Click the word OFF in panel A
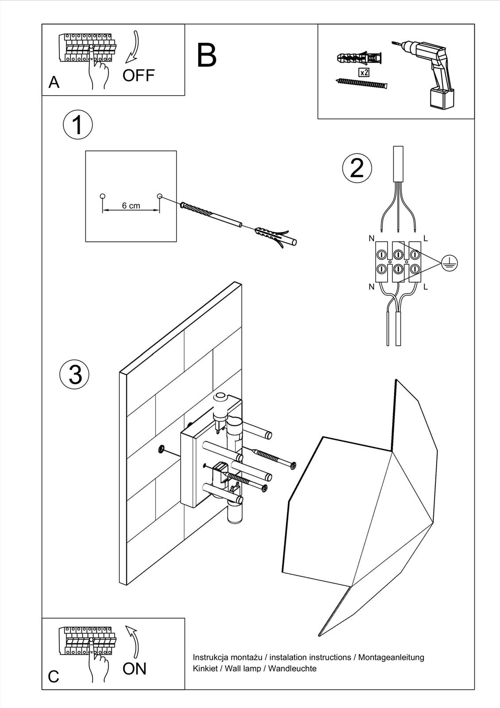(138, 76)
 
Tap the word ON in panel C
(135, 669)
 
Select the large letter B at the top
(207, 56)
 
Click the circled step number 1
(78, 125)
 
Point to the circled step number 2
(357, 168)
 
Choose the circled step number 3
(75, 373)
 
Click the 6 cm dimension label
(131, 206)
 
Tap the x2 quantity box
(364, 73)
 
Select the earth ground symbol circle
(449, 264)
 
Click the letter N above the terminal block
(371, 239)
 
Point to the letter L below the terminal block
(426, 287)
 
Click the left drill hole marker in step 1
(103, 196)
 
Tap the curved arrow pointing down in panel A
(133, 47)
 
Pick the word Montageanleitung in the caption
(391, 658)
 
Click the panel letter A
(54, 82)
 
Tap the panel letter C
(54, 677)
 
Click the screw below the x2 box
(361, 83)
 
